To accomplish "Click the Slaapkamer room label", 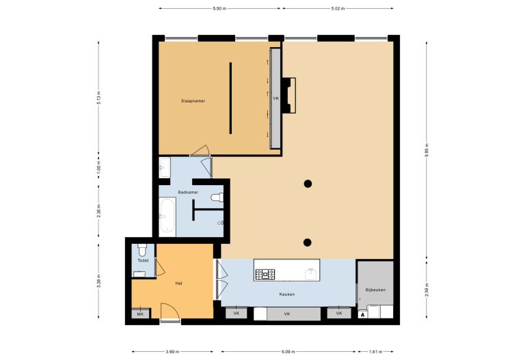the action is pyautogui.click(x=193, y=100).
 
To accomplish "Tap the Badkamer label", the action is pyautogui.click(x=188, y=193).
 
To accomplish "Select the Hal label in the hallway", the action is pyautogui.click(x=179, y=283).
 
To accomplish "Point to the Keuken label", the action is pyautogui.click(x=287, y=294).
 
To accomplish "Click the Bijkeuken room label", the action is pyautogui.click(x=375, y=290).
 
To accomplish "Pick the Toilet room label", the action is pyautogui.click(x=143, y=260).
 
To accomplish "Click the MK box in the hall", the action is pyautogui.click(x=140, y=314).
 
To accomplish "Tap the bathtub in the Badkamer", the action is pyautogui.click(x=167, y=215).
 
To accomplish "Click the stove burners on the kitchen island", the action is pyautogui.click(x=265, y=275).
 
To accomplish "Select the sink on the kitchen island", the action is pyautogui.click(x=310, y=274).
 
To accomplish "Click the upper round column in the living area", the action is pyautogui.click(x=308, y=184).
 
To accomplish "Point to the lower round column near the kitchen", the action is pyautogui.click(x=308, y=243).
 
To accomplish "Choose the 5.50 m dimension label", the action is pyautogui.click(x=219, y=9).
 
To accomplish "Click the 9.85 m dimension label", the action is pyautogui.click(x=427, y=150).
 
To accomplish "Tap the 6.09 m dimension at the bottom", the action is pyautogui.click(x=288, y=352).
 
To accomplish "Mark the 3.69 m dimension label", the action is pyautogui.click(x=172, y=352).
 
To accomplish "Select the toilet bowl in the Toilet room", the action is pyautogui.click(x=142, y=249).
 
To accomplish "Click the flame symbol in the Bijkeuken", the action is pyautogui.click(x=362, y=314).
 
